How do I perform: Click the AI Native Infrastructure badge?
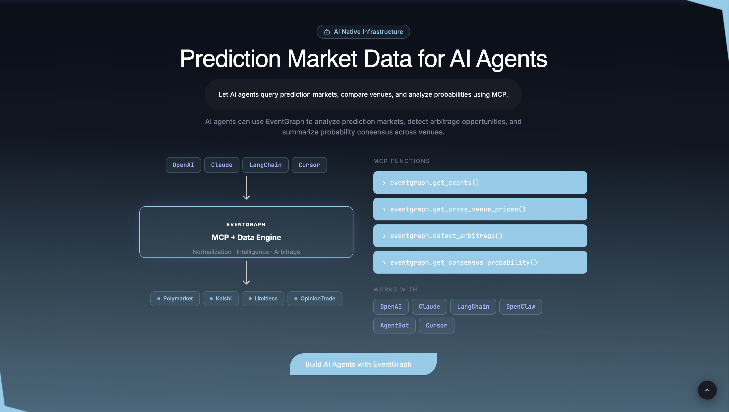click(x=363, y=32)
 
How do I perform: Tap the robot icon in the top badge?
click(x=327, y=32)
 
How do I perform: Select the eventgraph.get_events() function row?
click(x=480, y=182)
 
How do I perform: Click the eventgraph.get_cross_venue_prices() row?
click(x=480, y=209)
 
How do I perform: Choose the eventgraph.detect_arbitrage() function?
click(x=480, y=236)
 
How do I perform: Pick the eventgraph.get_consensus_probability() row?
click(x=480, y=262)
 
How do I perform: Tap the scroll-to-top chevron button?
click(x=707, y=390)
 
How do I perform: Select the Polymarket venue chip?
click(x=175, y=298)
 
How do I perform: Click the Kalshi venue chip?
click(x=221, y=298)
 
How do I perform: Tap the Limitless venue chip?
click(x=263, y=298)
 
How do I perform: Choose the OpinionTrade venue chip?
click(x=315, y=298)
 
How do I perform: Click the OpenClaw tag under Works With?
click(x=520, y=306)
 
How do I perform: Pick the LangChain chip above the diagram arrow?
click(x=265, y=165)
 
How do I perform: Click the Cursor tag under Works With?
click(x=436, y=326)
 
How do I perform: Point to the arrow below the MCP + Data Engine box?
click(x=246, y=273)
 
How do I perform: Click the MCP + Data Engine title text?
click(x=246, y=237)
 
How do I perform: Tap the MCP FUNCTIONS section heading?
click(x=401, y=161)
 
